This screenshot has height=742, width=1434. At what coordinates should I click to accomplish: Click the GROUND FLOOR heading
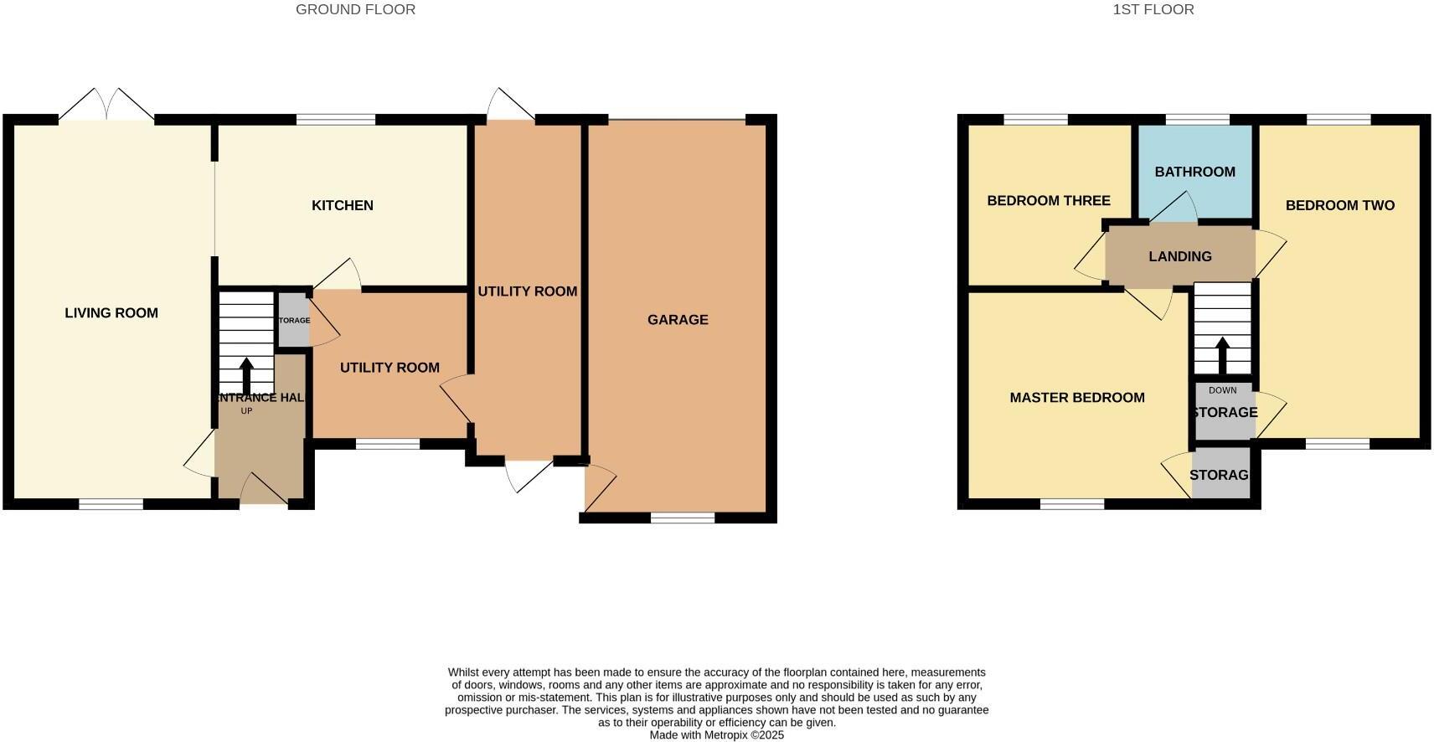pyautogui.click(x=355, y=10)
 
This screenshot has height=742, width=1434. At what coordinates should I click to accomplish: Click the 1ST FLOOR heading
pyautogui.click(x=1153, y=10)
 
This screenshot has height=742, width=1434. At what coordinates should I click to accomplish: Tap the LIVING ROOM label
pyautogui.click(x=111, y=313)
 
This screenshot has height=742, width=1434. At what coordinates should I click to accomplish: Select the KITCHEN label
pyautogui.click(x=343, y=205)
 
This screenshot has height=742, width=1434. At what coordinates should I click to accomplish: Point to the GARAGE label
pyautogui.click(x=678, y=320)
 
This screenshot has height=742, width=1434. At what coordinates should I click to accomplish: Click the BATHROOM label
pyautogui.click(x=1194, y=172)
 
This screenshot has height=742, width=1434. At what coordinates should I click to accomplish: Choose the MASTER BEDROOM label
pyautogui.click(x=1076, y=398)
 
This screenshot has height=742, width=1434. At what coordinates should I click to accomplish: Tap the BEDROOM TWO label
pyautogui.click(x=1339, y=205)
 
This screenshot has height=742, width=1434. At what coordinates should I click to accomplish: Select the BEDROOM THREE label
pyautogui.click(x=1048, y=200)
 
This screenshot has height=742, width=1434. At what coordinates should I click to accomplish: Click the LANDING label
pyautogui.click(x=1179, y=256)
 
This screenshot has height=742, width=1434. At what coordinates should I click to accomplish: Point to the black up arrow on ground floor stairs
pyautogui.click(x=246, y=376)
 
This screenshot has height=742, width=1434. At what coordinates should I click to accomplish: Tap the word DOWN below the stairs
pyautogui.click(x=1222, y=390)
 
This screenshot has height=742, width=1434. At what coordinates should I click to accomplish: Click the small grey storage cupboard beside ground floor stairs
pyautogui.click(x=292, y=320)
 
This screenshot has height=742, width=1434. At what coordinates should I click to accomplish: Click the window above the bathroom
pyautogui.click(x=1197, y=120)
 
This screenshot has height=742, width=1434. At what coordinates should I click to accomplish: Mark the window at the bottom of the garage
pyautogui.click(x=683, y=518)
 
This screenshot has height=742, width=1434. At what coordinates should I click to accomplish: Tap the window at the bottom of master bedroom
pyautogui.click(x=1072, y=504)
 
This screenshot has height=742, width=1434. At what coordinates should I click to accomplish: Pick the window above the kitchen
pyautogui.click(x=336, y=120)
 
